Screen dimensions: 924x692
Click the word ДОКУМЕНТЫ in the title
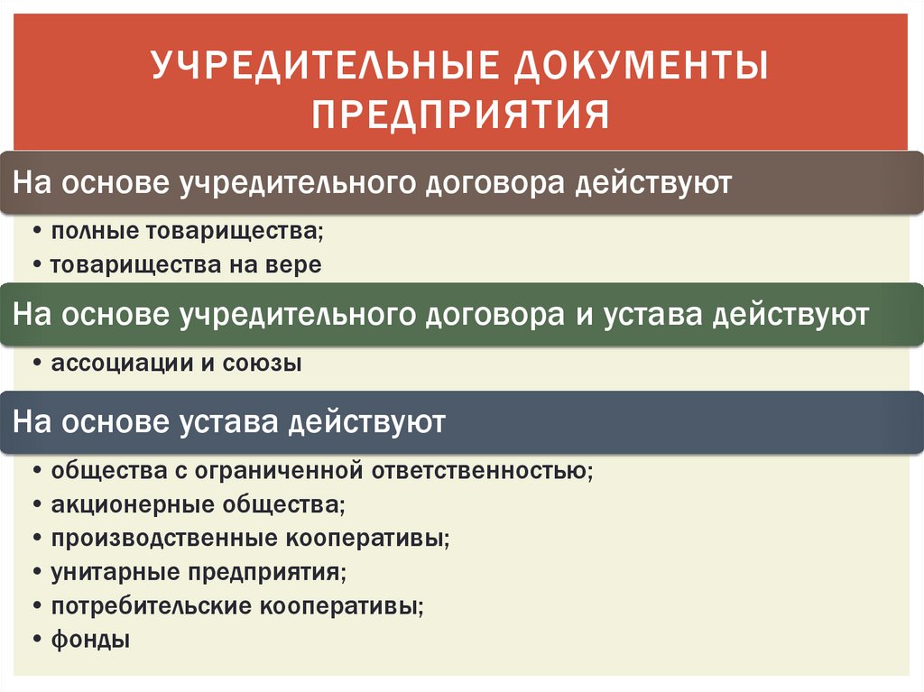coord(641,65)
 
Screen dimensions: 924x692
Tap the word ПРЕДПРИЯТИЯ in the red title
coord(461,115)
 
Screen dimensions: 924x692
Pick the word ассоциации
coord(122,364)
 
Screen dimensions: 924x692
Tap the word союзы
coord(262,364)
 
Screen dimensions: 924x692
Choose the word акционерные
coord(132,505)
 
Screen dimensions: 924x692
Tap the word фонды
coord(90,640)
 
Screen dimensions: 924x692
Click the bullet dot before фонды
coord(37,641)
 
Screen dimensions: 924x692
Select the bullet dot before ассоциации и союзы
coord(37,364)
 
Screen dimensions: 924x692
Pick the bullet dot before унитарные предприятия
coord(37,572)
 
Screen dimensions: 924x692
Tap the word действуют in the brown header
coord(653,183)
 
